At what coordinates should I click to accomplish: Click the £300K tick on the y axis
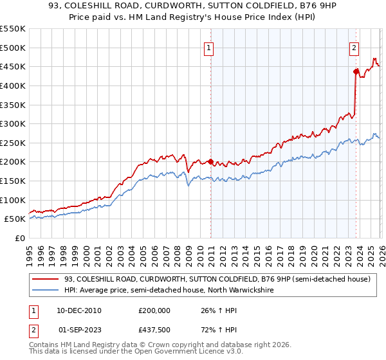tap(13, 123)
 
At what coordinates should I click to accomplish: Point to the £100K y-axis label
tap(13, 200)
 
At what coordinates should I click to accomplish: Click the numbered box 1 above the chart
tap(209, 47)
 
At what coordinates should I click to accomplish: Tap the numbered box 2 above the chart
tap(354, 47)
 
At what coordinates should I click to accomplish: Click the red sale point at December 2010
tap(210, 162)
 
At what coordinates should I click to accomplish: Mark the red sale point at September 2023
tap(355, 71)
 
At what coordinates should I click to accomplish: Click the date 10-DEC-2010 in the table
tap(79, 310)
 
